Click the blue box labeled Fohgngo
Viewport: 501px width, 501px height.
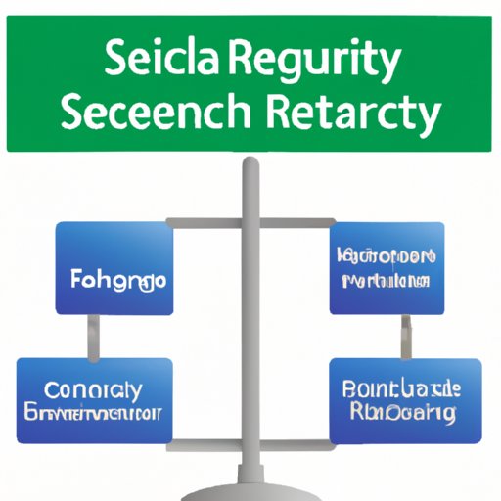point(114,267)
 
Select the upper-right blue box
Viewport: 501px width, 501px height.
point(387,267)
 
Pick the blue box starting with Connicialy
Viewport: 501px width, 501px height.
point(94,400)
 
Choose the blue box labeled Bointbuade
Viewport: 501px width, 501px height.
point(404,401)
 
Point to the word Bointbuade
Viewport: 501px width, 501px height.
point(402,389)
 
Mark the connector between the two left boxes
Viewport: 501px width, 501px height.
point(94,337)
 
